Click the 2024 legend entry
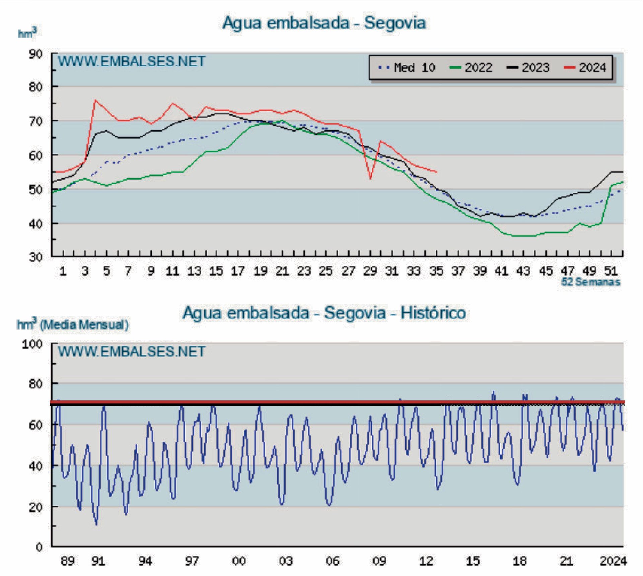592,68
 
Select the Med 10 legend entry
414,68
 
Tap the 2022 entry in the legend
478,68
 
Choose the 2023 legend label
535,68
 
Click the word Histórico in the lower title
433,313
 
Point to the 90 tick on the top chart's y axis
36,54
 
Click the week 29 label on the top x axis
370,271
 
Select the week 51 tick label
611,271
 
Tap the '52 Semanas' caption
590,282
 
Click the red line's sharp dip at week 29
370,179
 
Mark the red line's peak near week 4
95,100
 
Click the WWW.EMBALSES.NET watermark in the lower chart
132,351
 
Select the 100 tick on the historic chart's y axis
32,344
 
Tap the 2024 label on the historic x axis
613,561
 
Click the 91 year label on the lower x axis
98,561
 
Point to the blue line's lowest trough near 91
96,524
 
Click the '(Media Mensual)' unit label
84,325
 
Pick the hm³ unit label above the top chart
27,33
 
